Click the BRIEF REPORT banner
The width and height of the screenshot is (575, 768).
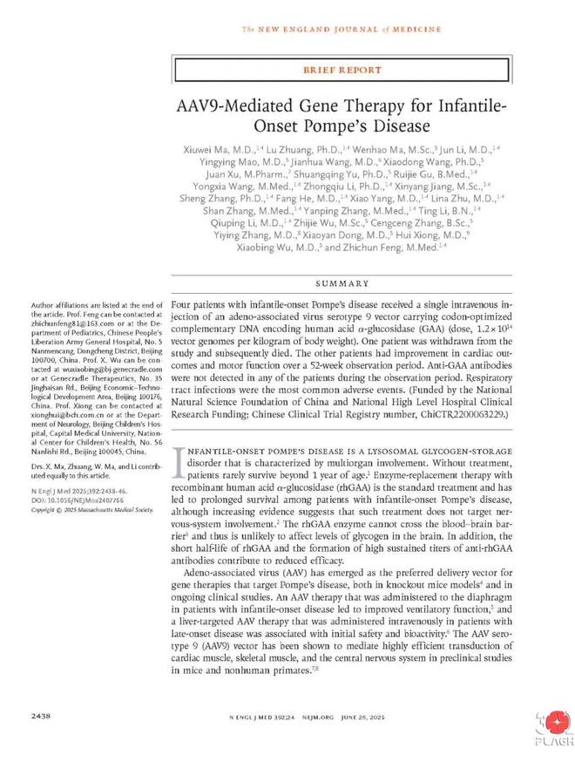(342, 70)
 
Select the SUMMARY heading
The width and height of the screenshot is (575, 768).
(342, 284)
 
